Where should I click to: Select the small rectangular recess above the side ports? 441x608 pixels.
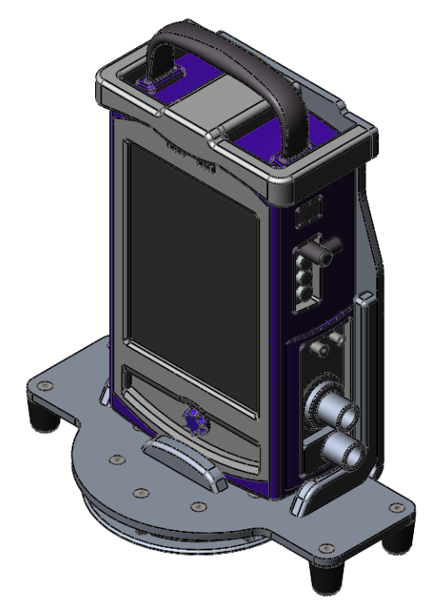[x=307, y=212]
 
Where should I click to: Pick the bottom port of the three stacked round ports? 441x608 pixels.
[x=306, y=295]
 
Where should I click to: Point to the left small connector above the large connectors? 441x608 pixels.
[x=320, y=348]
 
